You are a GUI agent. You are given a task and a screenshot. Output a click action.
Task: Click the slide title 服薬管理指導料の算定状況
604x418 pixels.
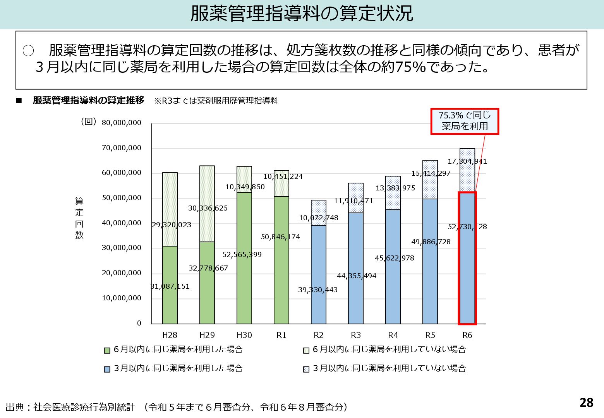pos(302,14)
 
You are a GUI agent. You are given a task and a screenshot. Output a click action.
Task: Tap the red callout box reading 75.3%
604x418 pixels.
pos(465,121)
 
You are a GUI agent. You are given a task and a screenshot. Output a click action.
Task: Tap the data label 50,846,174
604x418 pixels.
pos(280,237)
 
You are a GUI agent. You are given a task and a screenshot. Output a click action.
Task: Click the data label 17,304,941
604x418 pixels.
pos(467,161)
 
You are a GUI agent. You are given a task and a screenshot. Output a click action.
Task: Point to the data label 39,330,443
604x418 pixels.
pos(317,290)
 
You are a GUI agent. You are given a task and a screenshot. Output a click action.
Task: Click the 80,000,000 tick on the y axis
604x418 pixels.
pos(122,123)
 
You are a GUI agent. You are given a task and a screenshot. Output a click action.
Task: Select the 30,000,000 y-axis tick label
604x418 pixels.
pos(122,248)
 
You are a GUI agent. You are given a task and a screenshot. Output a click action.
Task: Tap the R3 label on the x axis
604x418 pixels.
pos(355,335)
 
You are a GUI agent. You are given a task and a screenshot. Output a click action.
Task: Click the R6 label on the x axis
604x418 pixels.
pos(467,335)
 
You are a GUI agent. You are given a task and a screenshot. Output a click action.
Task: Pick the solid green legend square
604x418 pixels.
pos(107,350)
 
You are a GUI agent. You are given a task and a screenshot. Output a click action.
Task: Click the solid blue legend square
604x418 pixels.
pos(107,369)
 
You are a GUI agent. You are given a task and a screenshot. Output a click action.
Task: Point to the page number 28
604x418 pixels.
pos(586,403)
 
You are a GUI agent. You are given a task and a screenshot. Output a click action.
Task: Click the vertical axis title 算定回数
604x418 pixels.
pos(79,218)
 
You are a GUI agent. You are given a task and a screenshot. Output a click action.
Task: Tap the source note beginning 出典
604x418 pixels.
pos(177,407)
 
